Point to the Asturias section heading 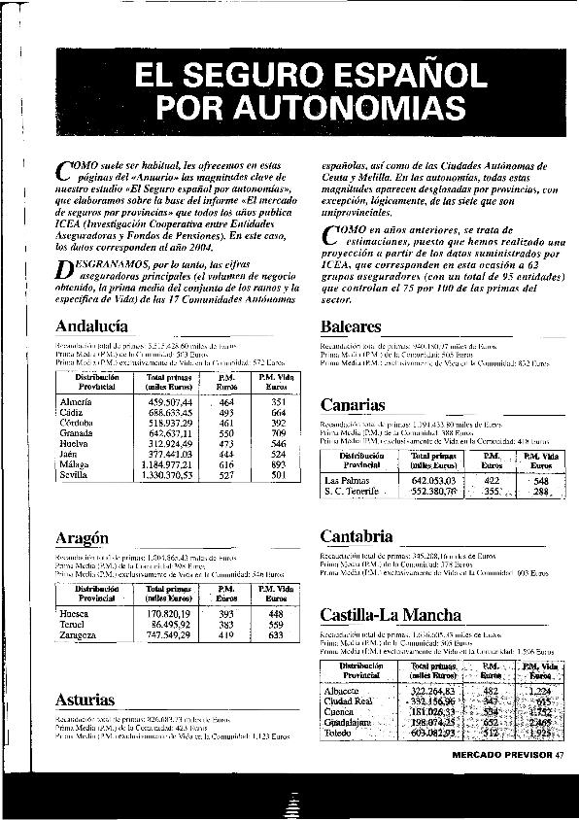coord(85,700)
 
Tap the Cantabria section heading coord(357,535)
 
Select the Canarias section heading coord(353,404)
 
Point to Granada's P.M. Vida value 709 coord(278,433)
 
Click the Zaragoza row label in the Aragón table coord(79,634)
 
